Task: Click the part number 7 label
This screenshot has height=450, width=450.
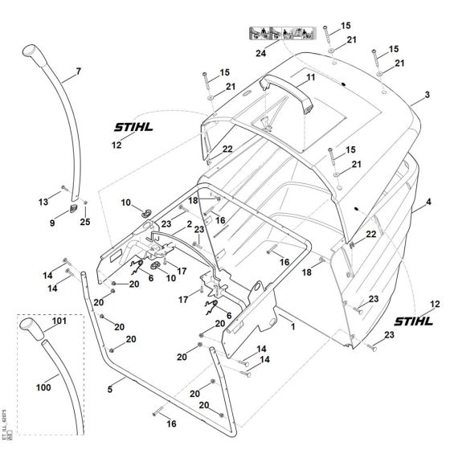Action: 79,72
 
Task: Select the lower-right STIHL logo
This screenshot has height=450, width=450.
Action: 413,318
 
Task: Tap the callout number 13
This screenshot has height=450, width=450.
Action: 43,200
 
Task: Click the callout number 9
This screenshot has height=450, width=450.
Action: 53,223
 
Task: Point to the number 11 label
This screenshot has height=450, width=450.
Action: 310,77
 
